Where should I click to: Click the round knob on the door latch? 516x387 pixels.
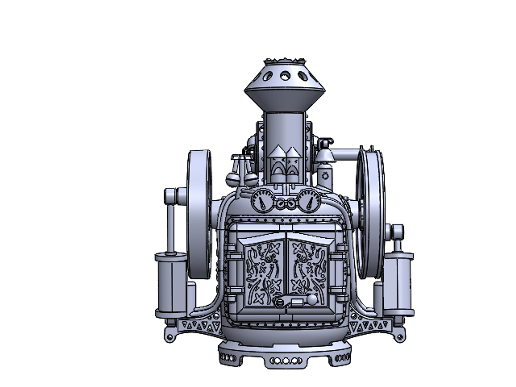coord(312,300)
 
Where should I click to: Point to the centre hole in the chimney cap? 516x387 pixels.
coord(285,76)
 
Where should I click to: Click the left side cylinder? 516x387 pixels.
coord(171,283)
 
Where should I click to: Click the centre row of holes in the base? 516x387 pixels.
coord(285,360)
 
